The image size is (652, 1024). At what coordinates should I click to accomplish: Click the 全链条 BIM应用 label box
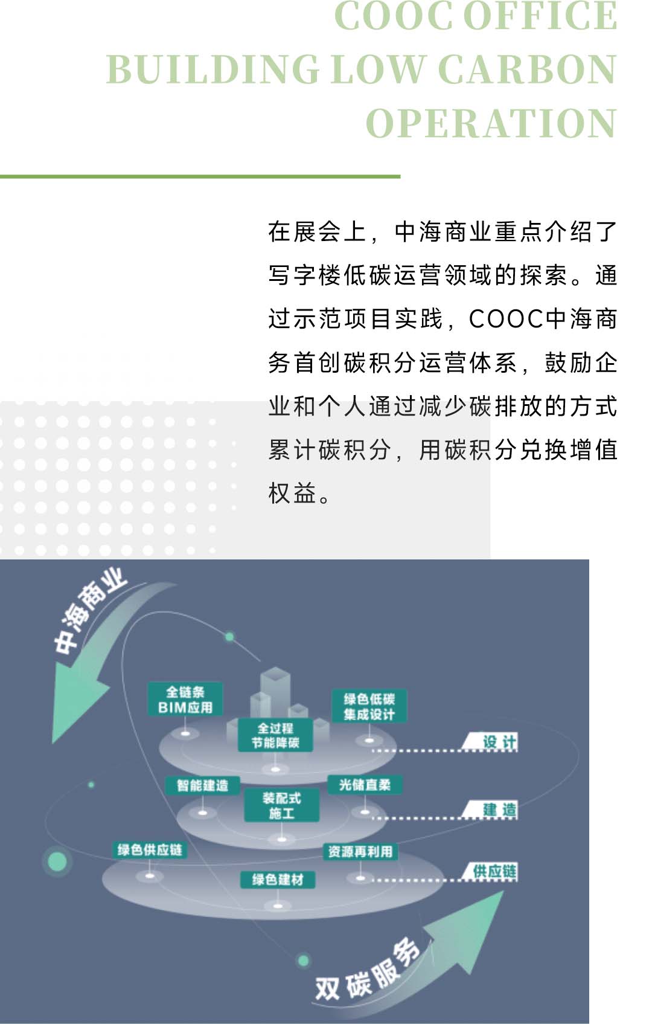tap(185, 698)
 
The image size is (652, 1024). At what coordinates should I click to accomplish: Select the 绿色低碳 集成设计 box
tap(369, 706)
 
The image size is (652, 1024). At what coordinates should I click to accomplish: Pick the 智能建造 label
tap(202, 785)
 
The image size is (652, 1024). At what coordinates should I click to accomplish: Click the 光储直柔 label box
tap(365, 784)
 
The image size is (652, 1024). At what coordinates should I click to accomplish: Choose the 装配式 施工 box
tap(282, 805)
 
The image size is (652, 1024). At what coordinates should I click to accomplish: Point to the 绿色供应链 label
tap(150, 850)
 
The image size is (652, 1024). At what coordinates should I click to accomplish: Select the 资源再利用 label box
tap(360, 852)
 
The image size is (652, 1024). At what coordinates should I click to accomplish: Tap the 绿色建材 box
tap(278, 879)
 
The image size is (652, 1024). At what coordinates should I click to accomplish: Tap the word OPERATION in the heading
tap(491, 123)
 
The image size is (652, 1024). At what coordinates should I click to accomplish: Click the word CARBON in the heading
tap(528, 69)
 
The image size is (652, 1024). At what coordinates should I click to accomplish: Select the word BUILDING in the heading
tap(213, 69)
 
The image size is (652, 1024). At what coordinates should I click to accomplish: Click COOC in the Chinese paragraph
tap(506, 318)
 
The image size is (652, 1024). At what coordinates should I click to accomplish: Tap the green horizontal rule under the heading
tap(200, 176)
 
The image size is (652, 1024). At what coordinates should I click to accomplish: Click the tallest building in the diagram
tap(275, 695)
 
